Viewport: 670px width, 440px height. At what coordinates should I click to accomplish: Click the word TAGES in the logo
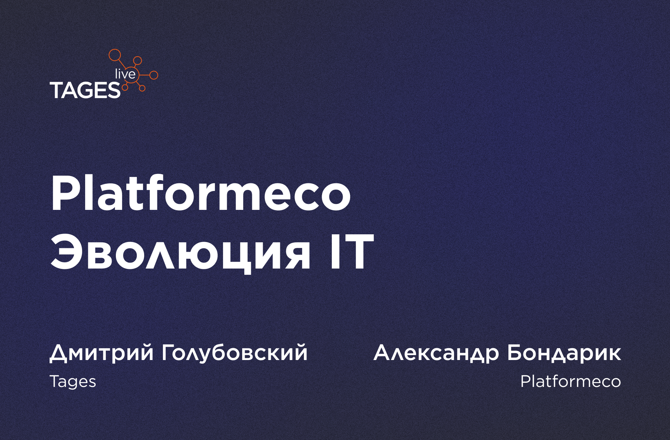click(85, 90)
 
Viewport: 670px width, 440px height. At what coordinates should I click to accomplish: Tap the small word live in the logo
click(125, 73)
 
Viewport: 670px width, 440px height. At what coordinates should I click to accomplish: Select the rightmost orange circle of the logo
click(154, 75)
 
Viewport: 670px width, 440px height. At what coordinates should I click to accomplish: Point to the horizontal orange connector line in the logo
click(144, 75)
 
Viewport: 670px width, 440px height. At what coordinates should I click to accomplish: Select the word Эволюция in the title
click(180, 252)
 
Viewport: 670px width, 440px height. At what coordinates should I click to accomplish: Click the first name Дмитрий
click(102, 353)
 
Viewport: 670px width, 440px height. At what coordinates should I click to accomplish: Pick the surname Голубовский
click(235, 353)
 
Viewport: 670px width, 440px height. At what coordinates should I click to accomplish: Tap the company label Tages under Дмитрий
click(73, 381)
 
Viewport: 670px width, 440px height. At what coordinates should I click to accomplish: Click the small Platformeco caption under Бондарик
click(571, 381)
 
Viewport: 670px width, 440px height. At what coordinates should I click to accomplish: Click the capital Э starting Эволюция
click(67, 252)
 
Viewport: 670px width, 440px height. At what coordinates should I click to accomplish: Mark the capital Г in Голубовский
click(169, 353)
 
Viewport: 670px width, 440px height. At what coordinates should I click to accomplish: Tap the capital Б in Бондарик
click(515, 353)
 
